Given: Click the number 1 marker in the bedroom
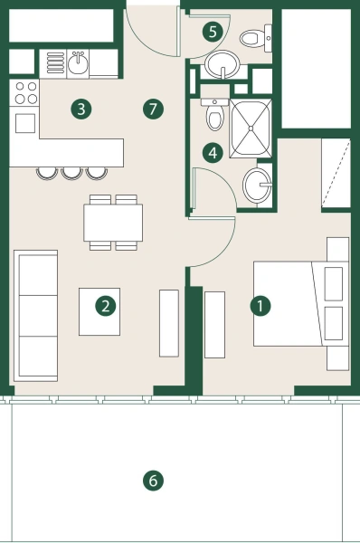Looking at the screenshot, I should coord(261,306).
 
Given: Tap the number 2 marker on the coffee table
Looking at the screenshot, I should coord(106,305).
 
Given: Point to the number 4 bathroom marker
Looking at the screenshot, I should coord(212,153).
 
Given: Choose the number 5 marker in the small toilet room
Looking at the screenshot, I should coord(213,32).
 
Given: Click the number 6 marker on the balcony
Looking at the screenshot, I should coord(153,481).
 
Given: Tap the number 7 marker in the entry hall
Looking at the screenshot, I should coord(153,110).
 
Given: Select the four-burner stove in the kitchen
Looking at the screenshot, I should coord(24,93).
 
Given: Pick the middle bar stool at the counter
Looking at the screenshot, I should coord(71,171).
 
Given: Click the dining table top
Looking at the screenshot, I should coord(113,223).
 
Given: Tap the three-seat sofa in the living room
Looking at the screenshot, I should coord(36,315).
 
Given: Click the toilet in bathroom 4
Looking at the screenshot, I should coord(215,116).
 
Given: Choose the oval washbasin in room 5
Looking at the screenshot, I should coord(221,65).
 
